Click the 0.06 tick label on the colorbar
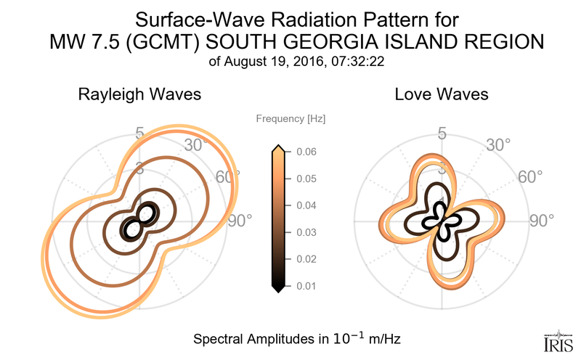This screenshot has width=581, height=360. coord(305,152)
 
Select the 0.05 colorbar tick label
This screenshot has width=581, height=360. coord(305,179)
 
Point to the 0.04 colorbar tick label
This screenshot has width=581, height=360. coord(305,205)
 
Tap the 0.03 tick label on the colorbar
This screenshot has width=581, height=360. coord(305,232)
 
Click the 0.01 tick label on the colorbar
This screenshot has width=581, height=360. coord(305,286)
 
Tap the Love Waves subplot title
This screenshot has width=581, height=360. coord(441,94)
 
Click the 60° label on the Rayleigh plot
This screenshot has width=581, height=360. coord(227,176)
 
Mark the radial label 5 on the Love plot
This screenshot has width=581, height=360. coord(441,133)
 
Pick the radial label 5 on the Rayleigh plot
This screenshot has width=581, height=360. coord(139,133)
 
